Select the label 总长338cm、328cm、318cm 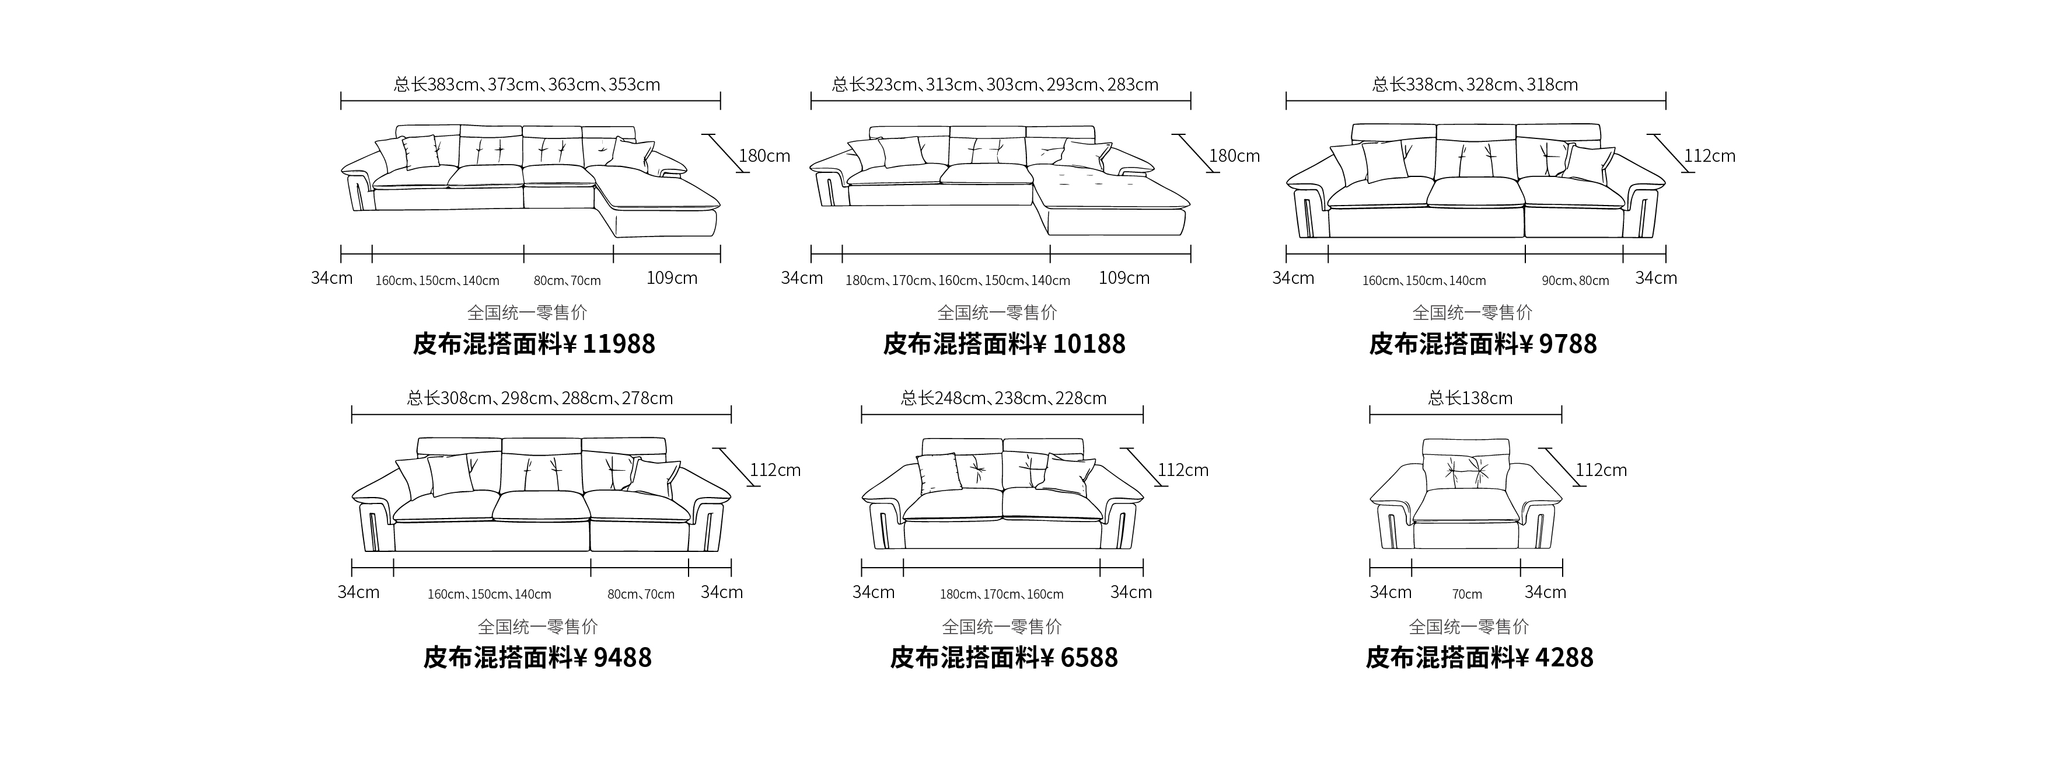1475,84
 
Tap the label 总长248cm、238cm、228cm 1004,398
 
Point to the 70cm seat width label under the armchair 1467,594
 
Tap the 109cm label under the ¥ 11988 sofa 672,277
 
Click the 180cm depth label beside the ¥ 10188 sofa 1234,156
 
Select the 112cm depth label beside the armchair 1601,470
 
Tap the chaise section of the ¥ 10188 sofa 1113,199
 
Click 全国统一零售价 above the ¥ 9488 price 538,627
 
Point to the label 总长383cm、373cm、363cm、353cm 527,84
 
